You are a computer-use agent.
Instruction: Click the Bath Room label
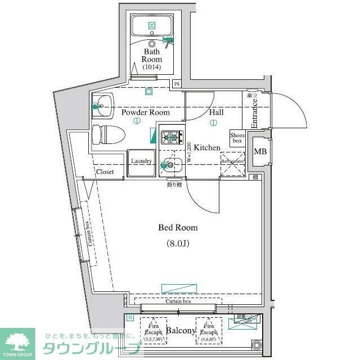click(x=151, y=55)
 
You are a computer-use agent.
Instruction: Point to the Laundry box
click(x=141, y=161)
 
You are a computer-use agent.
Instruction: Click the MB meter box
click(x=260, y=152)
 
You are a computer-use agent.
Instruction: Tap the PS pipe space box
click(x=177, y=84)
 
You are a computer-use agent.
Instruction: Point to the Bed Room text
click(x=178, y=228)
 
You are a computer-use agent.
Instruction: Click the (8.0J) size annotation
click(x=178, y=244)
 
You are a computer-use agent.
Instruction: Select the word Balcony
click(x=181, y=331)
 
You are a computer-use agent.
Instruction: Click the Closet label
click(x=105, y=172)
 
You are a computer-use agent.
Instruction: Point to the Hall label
click(x=217, y=112)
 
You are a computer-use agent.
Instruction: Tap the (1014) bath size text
click(x=151, y=67)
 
